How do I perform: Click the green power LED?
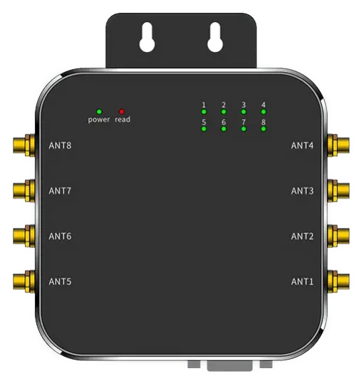click(99, 111)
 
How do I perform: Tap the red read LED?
click(122, 111)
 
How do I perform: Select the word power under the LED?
click(99, 120)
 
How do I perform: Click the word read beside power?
click(122, 120)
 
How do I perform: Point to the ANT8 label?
click(61, 146)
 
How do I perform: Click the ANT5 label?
click(61, 281)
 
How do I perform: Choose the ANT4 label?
click(302, 146)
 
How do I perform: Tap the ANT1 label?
click(302, 281)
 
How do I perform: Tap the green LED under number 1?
click(204, 113)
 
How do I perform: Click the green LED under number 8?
click(264, 130)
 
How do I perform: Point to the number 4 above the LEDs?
click(264, 105)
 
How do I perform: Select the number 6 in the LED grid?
click(224, 122)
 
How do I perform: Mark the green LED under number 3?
click(244, 113)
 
